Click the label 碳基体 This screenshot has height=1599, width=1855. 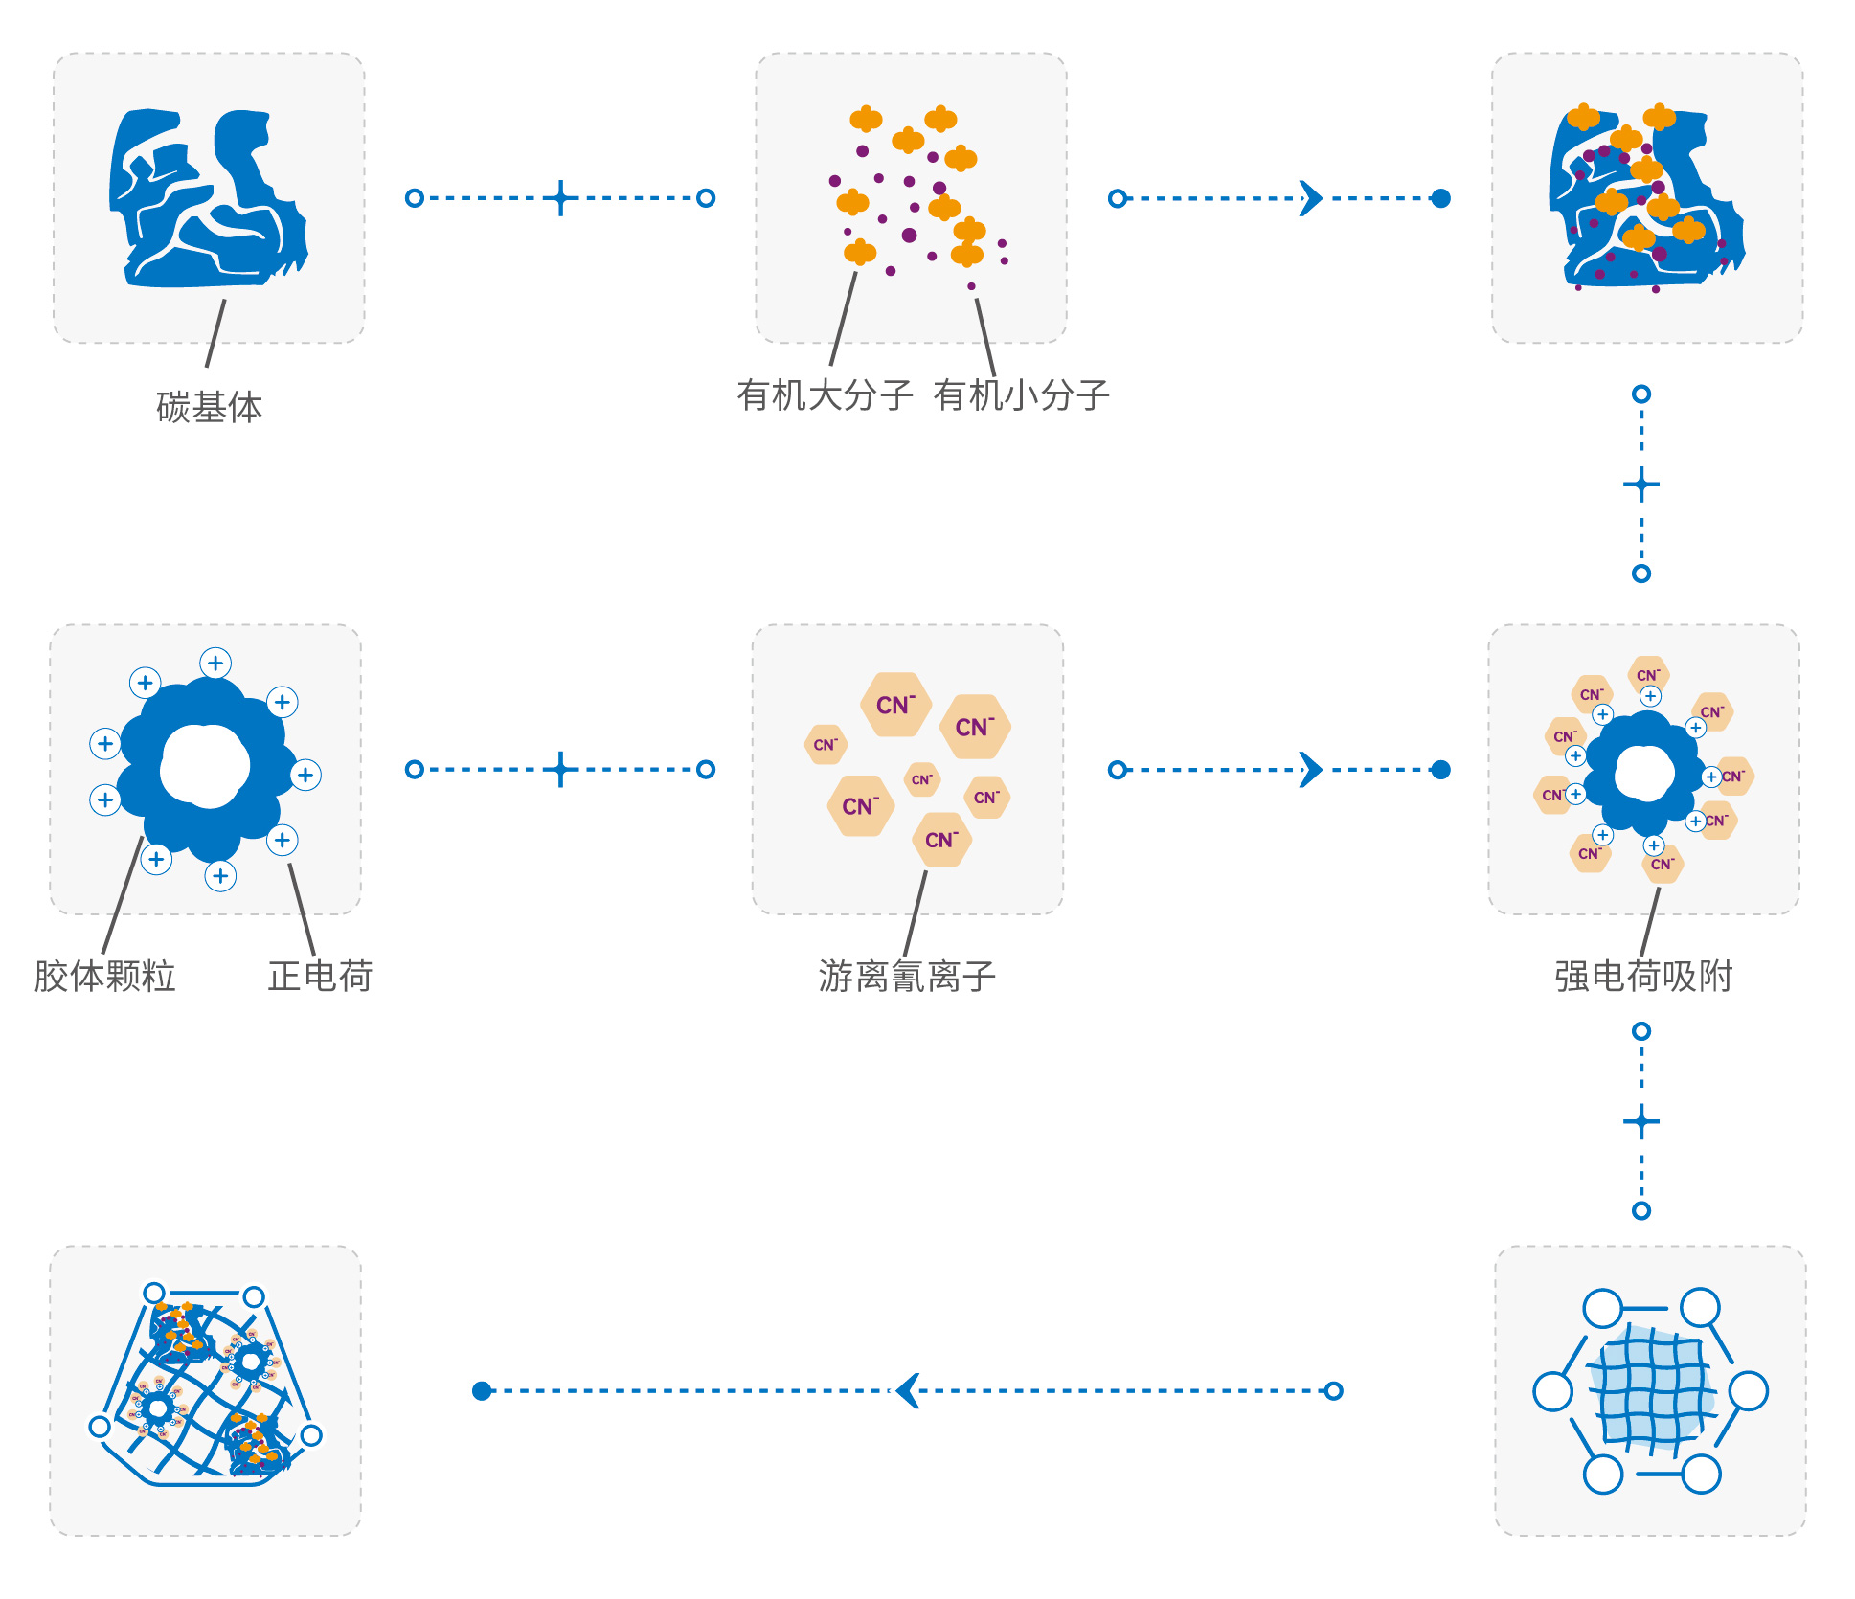[x=209, y=407]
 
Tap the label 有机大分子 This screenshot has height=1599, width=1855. [x=825, y=394]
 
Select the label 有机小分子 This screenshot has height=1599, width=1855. [x=1021, y=394]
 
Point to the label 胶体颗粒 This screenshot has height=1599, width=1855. [x=105, y=976]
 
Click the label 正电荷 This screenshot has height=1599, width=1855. [x=320, y=976]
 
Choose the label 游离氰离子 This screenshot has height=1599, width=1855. [x=907, y=976]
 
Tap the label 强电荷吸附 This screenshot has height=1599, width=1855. [x=1643, y=976]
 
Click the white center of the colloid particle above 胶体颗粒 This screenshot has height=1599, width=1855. [x=205, y=765]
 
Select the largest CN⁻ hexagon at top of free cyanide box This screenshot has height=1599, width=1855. [x=895, y=705]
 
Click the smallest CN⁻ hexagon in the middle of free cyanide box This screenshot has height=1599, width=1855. [x=921, y=779]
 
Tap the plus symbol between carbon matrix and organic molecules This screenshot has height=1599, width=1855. [x=561, y=198]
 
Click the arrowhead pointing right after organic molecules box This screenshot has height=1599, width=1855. [x=1311, y=198]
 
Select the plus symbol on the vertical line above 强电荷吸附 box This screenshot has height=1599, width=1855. [x=1641, y=484]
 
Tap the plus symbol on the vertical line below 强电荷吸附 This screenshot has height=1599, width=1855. [x=1641, y=1121]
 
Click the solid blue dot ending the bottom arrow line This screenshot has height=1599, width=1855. [x=482, y=1390]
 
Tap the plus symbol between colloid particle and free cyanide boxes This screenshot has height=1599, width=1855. [x=561, y=769]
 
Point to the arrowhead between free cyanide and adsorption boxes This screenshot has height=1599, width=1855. [x=1311, y=769]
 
